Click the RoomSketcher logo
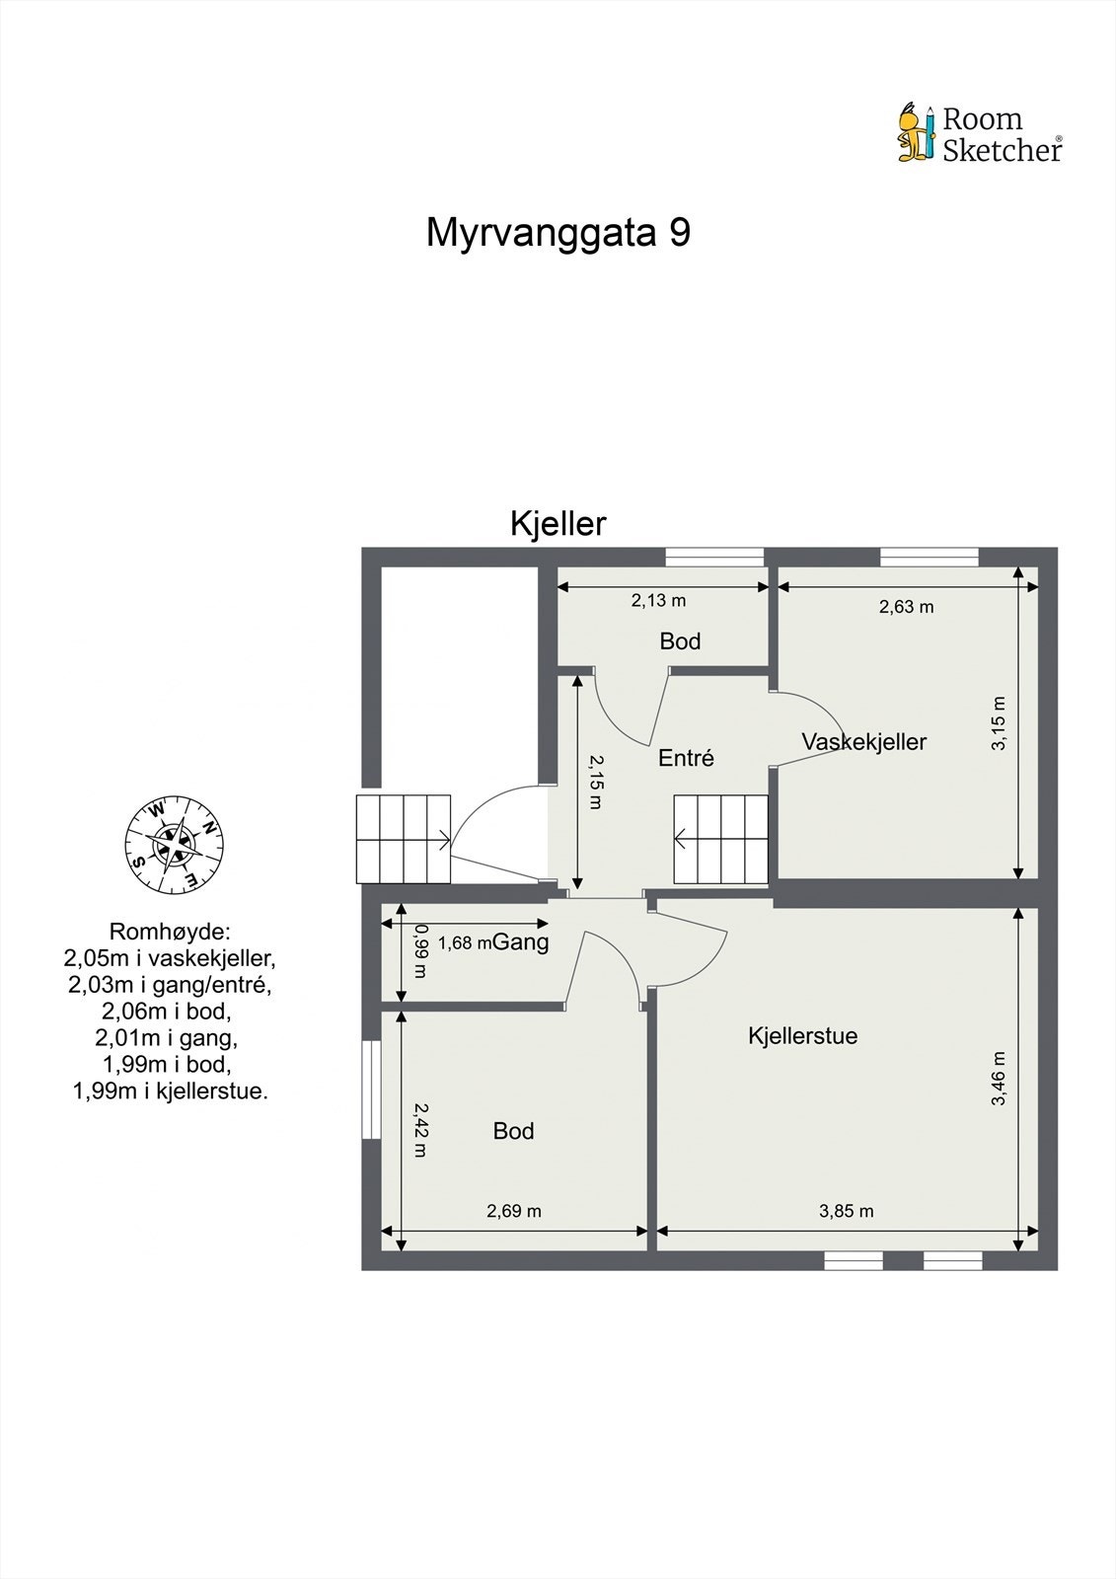click(979, 133)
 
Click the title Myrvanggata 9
click(558, 233)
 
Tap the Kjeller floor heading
click(558, 523)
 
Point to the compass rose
click(174, 845)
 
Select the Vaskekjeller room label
click(863, 742)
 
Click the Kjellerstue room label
click(802, 1035)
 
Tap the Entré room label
click(686, 758)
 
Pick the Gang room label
click(520, 941)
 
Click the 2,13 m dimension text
click(658, 600)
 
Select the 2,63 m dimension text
click(906, 607)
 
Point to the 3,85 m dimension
click(846, 1211)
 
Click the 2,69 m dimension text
click(514, 1211)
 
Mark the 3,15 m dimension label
click(999, 723)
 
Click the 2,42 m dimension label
click(420, 1129)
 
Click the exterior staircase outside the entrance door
click(403, 839)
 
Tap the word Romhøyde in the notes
click(169, 931)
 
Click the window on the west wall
click(371, 1090)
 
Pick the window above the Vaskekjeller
click(929, 558)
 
